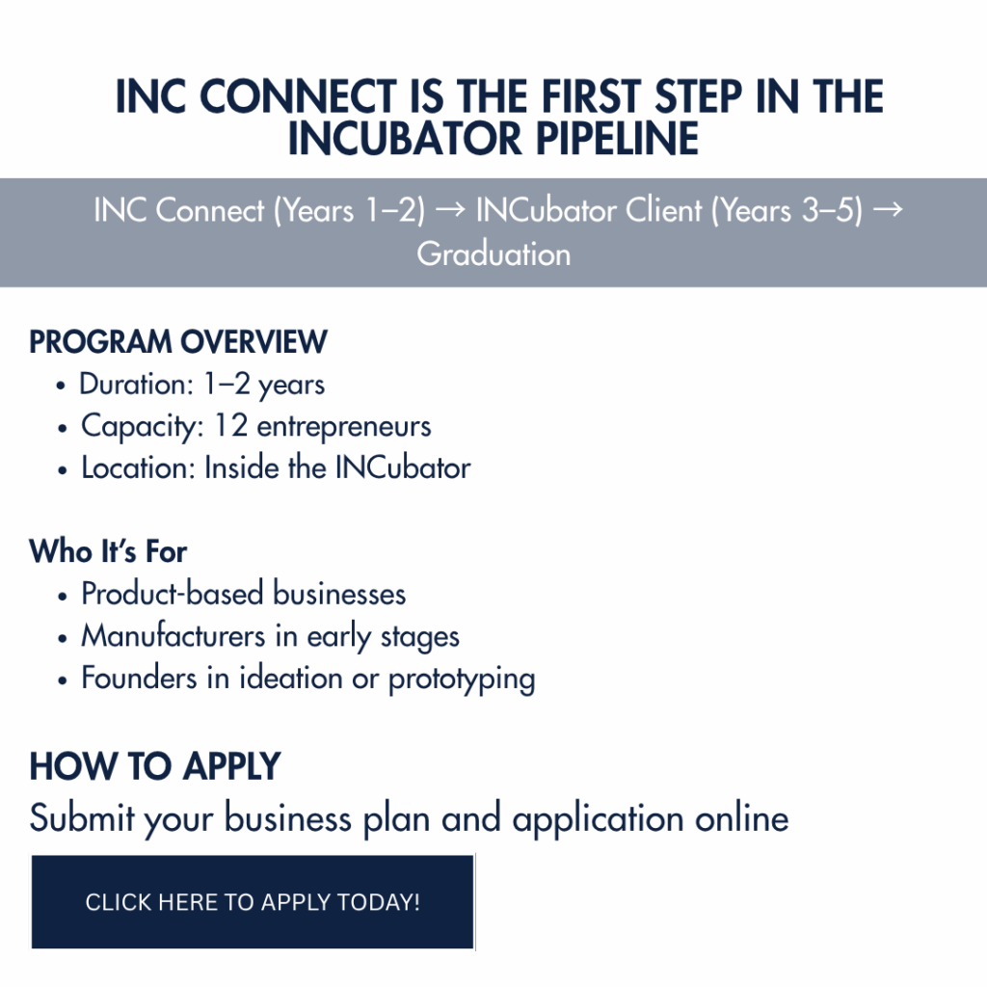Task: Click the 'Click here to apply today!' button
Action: click(253, 901)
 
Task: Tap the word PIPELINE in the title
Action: click(617, 139)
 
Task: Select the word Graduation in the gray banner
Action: click(493, 253)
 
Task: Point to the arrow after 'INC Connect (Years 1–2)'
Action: click(450, 210)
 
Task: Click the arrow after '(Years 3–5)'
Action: click(888, 210)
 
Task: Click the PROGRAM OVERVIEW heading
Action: click(178, 342)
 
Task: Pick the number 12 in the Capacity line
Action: click(231, 425)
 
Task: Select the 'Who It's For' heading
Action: click(108, 551)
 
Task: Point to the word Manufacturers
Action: click(173, 636)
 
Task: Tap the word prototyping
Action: click(462, 680)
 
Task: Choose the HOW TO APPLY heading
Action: click(155, 766)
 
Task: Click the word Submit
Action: click(82, 817)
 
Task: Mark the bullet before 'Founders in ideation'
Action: click(62, 680)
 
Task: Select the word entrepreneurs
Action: click(344, 427)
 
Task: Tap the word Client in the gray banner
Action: click(663, 210)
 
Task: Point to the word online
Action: click(741, 818)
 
